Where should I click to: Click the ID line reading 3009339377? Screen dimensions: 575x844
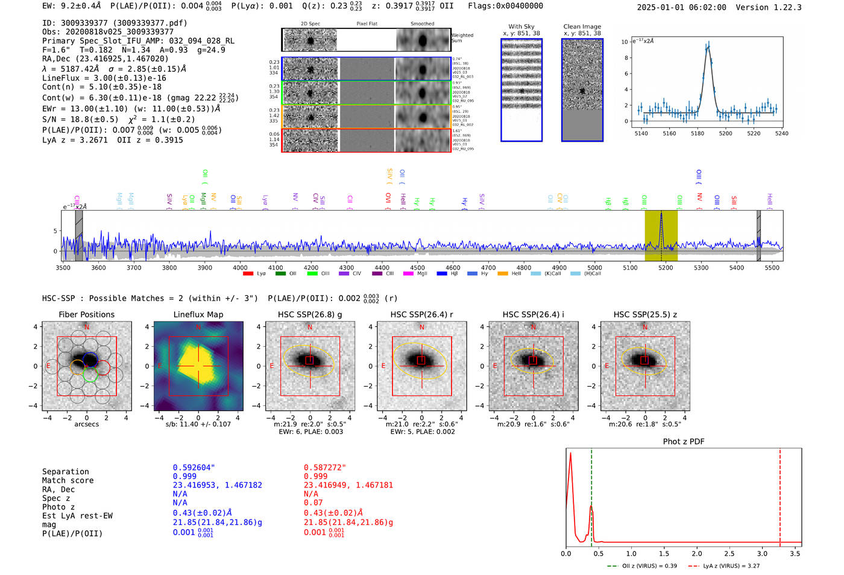pyautogui.click(x=115, y=23)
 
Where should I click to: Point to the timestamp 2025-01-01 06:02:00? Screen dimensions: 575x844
pyautogui.click(x=681, y=7)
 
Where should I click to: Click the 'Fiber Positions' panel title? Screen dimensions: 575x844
pyautogui.click(x=86, y=314)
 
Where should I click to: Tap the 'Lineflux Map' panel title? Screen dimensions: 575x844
pyautogui.click(x=198, y=314)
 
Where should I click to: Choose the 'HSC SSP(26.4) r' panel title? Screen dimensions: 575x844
pyautogui.click(x=421, y=314)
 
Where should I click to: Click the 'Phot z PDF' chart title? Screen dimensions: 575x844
pyautogui.click(x=684, y=441)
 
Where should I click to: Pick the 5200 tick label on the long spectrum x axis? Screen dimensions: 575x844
pyautogui.click(x=666, y=268)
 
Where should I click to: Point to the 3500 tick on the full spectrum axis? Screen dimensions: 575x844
pyautogui.click(x=63, y=268)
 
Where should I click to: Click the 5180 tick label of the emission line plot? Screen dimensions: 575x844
pyautogui.click(x=698, y=133)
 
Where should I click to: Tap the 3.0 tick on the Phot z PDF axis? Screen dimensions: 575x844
pyautogui.click(x=763, y=553)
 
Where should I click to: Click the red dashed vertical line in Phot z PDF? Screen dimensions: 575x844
pyautogui.click(x=780, y=495)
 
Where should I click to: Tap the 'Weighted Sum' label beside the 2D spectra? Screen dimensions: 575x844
pyautogui.click(x=462, y=38)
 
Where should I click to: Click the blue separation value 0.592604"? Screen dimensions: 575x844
pyautogui.click(x=194, y=468)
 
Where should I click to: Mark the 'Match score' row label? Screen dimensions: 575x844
pyautogui.click(x=68, y=480)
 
